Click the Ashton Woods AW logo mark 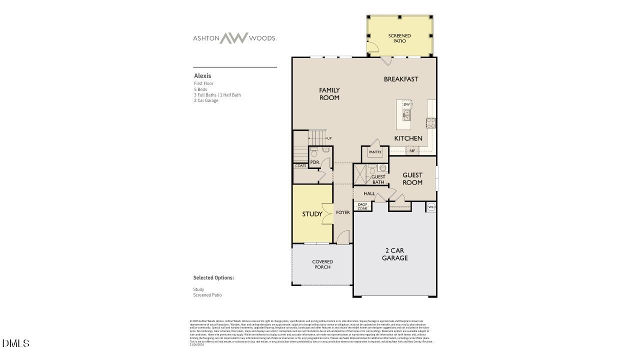[234, 38]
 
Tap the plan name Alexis [202, 76]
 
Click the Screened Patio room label [399, 38]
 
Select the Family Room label [329, 94]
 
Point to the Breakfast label [401, 79]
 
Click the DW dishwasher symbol [406, 104]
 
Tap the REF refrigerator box [412, 150]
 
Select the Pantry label [375, 152]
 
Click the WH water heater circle [431, 206]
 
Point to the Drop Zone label [362, 206]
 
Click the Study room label [312, 214]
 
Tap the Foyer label [343, 212]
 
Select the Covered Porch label [322, 264]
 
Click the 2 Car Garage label [395, 254]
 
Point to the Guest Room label [412, 178]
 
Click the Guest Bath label [378, 179]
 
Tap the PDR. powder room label [315, 162]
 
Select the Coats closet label [300, 165]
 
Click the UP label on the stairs [329, 138]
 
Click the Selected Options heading [213, 277]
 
